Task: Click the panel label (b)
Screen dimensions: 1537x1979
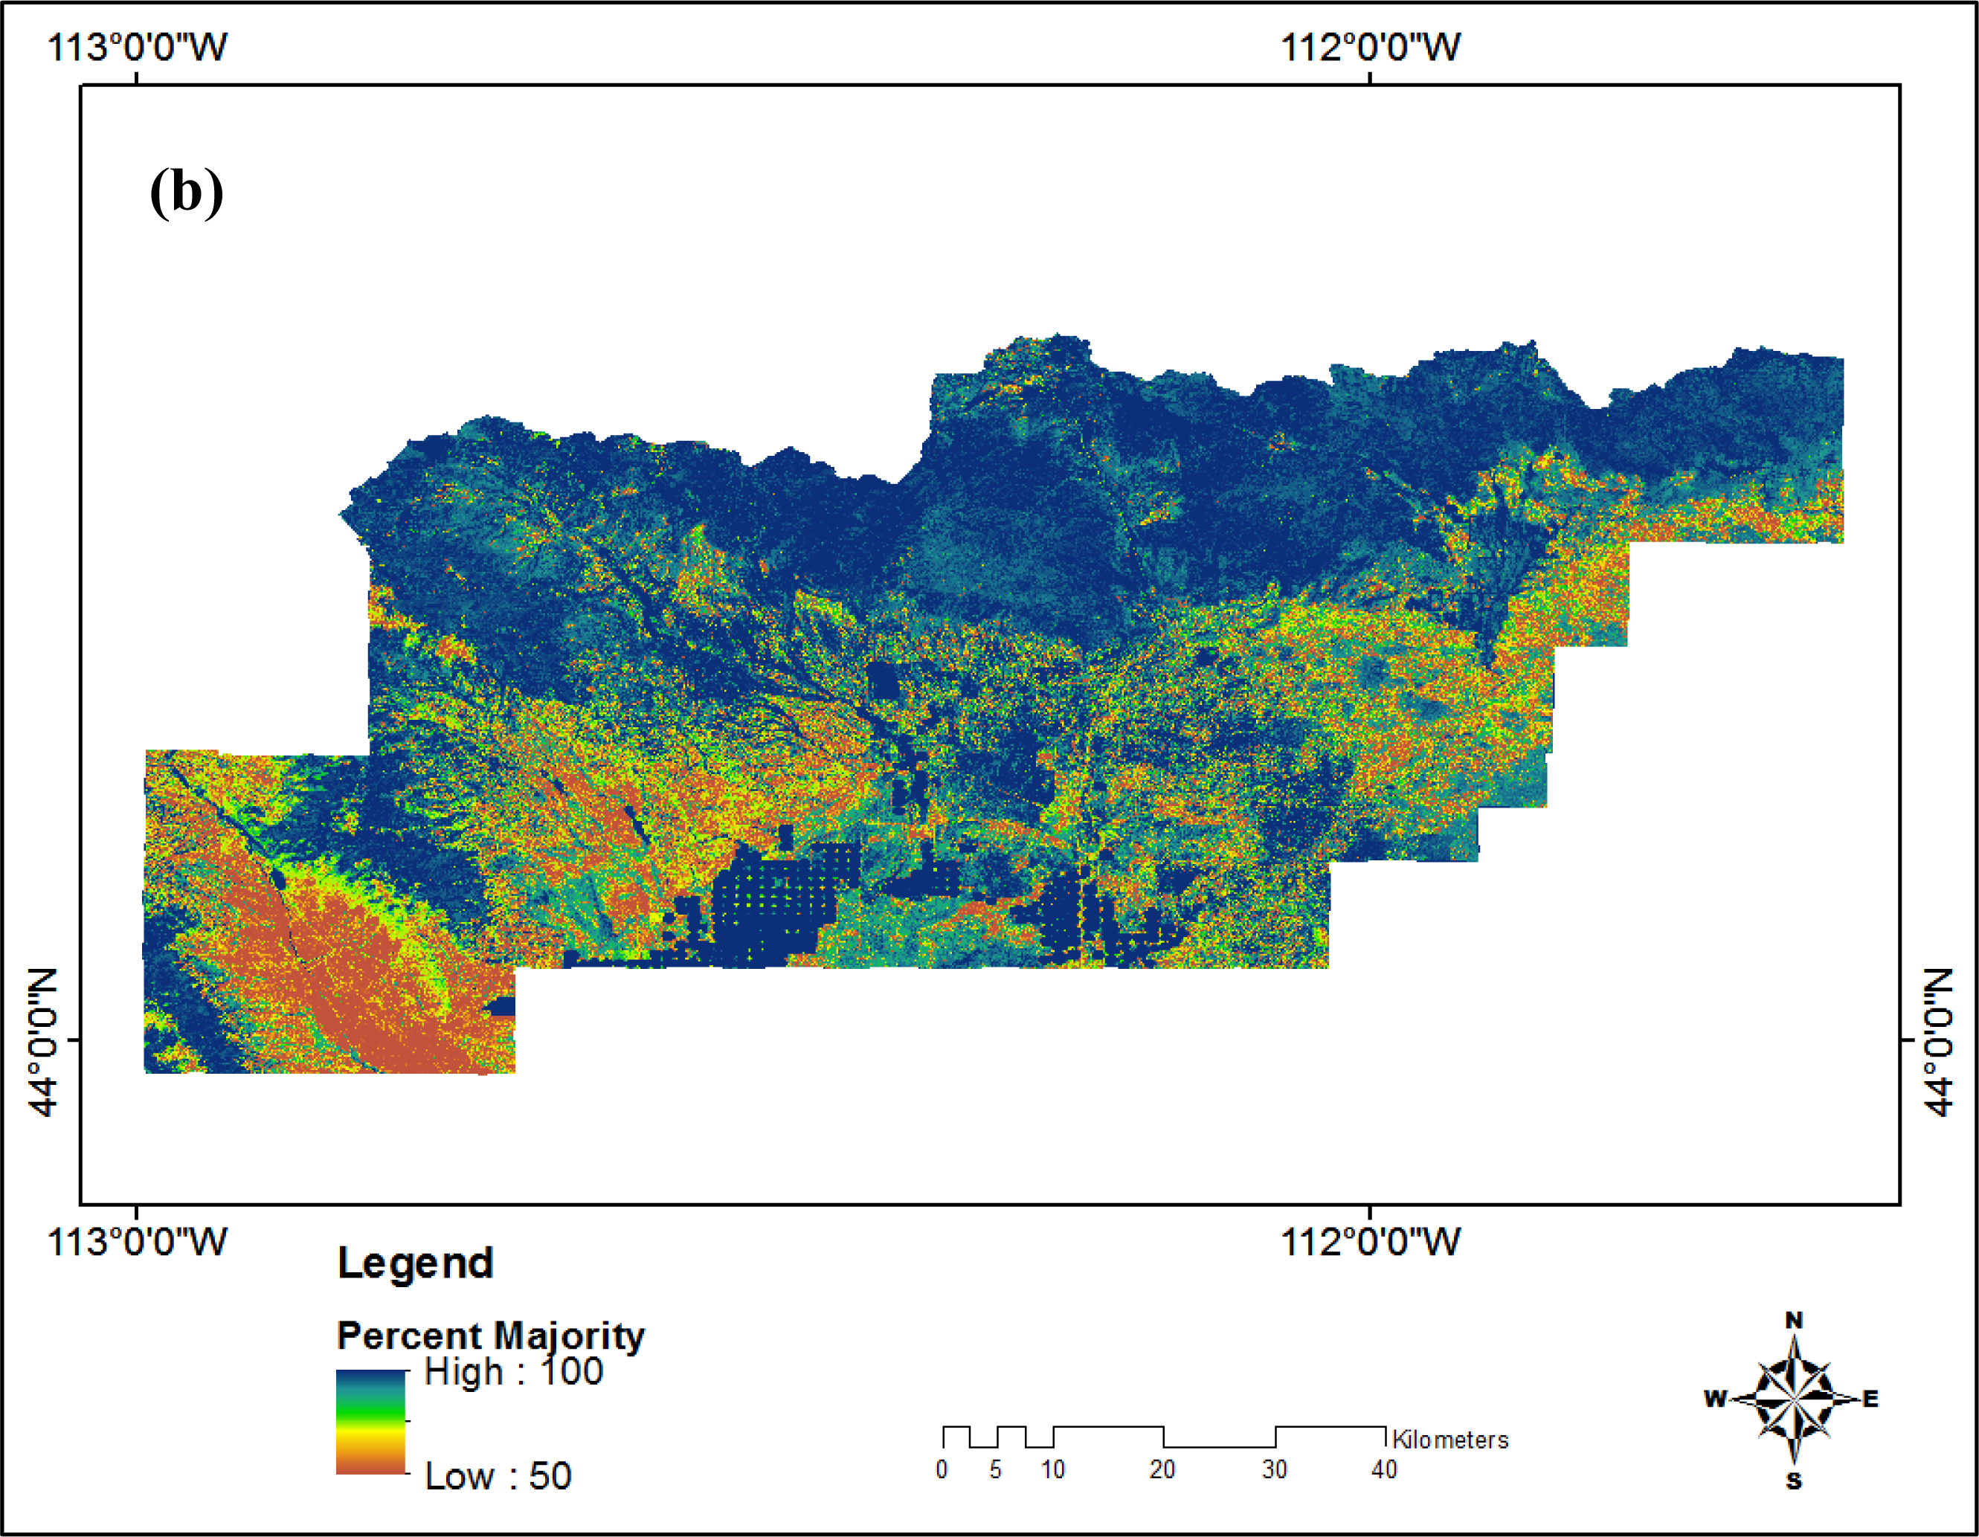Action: (186, 191)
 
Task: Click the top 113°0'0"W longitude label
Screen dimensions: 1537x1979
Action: (137, 47)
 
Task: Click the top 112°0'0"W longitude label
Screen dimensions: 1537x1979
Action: (1369, 47)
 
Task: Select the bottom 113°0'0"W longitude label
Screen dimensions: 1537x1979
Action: (137, 1242)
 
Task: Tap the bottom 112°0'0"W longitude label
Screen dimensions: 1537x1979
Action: (1369, 1242)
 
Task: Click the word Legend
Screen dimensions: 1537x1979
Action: (415, 1263)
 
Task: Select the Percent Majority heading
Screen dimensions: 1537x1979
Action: (490, 1335)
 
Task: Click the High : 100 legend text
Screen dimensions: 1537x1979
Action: (513, 1372)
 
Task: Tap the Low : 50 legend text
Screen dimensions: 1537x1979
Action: (498, 1476)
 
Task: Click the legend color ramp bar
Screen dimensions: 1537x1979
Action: (370, 1421)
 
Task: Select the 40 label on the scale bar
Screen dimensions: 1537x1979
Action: (1384, 1470)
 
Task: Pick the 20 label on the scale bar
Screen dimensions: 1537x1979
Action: (1162, 1470)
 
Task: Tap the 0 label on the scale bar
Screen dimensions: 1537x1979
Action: (942, 1470)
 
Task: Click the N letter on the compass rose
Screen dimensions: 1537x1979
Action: (1794, 1321)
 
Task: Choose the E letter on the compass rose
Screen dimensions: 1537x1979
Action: (1870, 1399)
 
